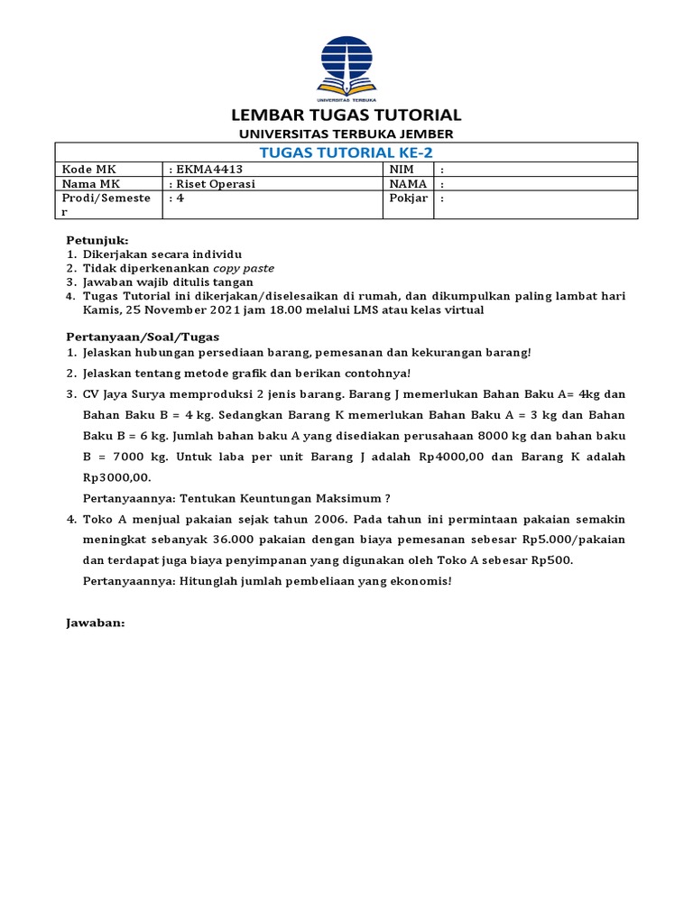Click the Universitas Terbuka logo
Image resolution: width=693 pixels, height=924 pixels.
346,68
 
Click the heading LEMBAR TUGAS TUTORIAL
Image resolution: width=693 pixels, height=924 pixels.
346,115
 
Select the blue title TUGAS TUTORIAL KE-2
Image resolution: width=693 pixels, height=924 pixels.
346,152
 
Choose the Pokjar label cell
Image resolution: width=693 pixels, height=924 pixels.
408,199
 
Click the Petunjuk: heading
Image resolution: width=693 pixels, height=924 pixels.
97,241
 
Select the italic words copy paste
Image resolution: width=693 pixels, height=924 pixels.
244,268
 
